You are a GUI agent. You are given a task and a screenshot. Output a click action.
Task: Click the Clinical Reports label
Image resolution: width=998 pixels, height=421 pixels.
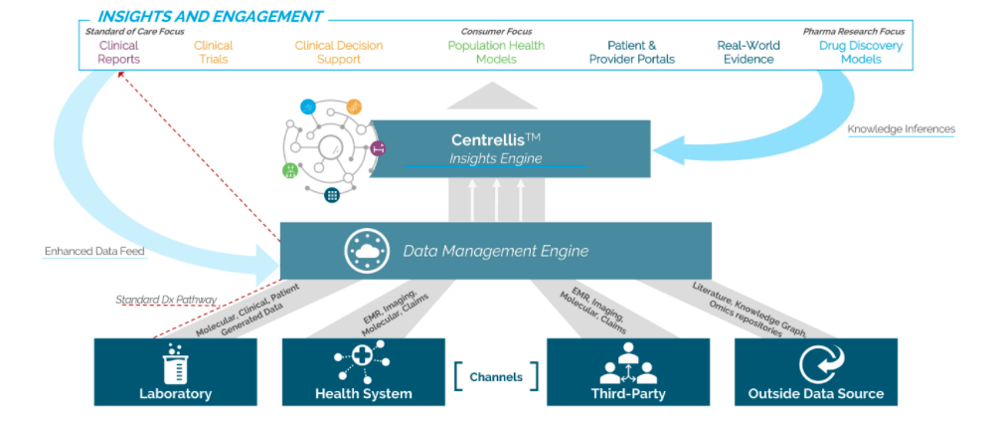click(118, 53)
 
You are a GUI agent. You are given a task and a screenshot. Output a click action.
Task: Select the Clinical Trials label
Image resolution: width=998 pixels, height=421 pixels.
click(213, 53)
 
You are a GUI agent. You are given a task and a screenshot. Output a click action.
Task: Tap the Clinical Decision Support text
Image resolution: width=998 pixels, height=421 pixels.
click(338, 53)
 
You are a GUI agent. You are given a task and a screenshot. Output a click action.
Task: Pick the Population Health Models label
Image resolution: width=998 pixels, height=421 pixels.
click(496, 53)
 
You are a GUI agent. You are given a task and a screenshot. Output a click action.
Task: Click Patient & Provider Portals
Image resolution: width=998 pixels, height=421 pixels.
click(631, 53)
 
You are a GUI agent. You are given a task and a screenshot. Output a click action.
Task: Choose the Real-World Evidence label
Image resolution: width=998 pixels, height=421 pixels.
click(748, 53)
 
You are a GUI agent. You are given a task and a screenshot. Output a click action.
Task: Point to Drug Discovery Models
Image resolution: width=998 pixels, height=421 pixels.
click(861, 53)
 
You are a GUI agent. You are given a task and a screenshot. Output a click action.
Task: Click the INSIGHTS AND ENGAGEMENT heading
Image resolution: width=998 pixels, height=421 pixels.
click(209, 16)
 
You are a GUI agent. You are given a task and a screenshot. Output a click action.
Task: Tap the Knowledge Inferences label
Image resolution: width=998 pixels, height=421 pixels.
click(901, 129)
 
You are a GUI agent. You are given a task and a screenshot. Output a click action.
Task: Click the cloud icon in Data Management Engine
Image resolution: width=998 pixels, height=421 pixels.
click(365, 251)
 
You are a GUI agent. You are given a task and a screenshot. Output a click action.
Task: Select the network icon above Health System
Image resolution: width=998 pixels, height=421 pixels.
click(363, 361)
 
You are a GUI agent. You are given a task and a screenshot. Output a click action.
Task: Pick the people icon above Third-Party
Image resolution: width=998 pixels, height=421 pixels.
click(627, 363)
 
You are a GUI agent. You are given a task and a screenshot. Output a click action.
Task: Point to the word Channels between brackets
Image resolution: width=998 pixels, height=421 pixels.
click(495, 377)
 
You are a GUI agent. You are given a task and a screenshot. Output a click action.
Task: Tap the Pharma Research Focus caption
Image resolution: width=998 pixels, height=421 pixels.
click(854, 32)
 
